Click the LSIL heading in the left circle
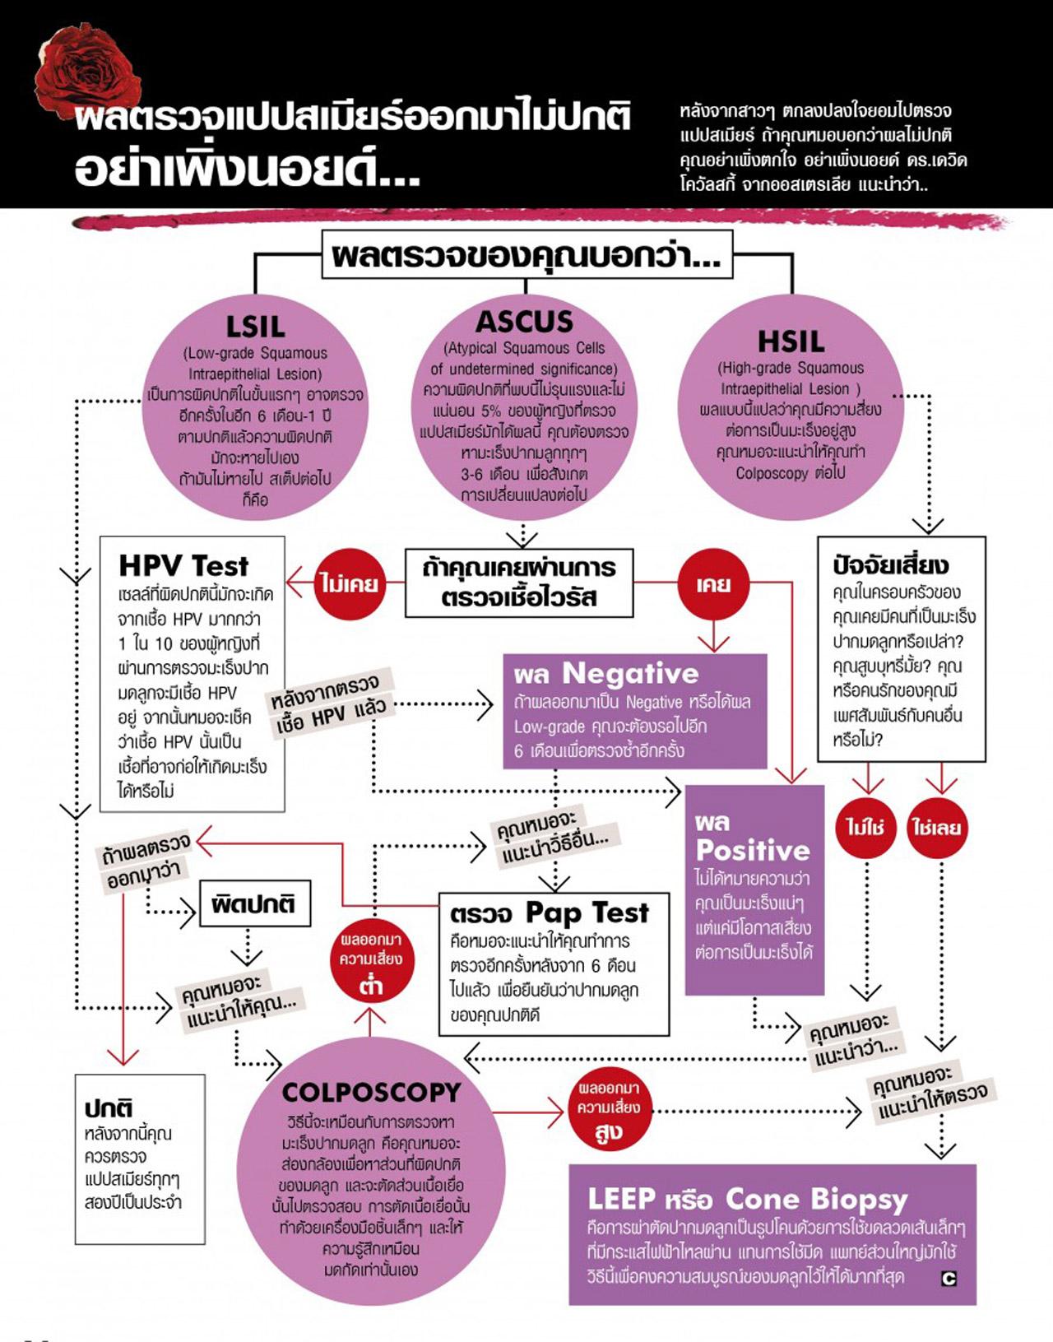click(x=255, y=327)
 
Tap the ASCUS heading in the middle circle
click(x=524, y=321)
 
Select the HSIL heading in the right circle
click(x=790, y=341)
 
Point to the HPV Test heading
click(x=183, y=566)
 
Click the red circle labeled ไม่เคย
click(x=350, y=584)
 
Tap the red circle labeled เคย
click(x=712, y=584)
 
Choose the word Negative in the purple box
click(x=630, y=674)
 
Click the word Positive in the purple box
click(x=753, y=850)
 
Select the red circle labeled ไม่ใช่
click(x=865, y=827)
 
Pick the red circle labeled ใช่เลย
click(x=936, y=827)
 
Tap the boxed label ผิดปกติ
click(x=254, y=903)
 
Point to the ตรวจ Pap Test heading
click(x=550, y=912)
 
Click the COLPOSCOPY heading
click(x=371, y=1092)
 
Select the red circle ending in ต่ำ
click(x=371, y=962)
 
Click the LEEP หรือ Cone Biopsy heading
click(x=747, y=1199)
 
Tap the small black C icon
click(x=949, y=1279)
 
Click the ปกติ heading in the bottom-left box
click(x=109, y=1108)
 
